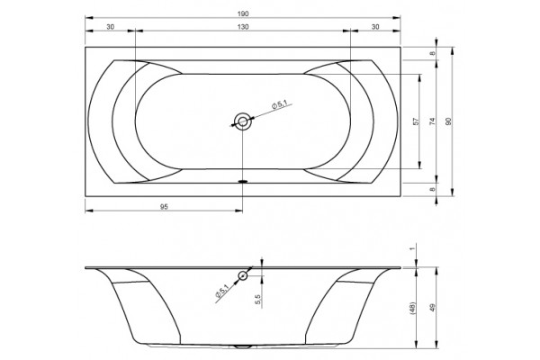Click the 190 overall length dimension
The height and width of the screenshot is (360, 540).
click(x=243, y=14)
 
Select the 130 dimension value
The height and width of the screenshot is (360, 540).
click(x=243, y=27)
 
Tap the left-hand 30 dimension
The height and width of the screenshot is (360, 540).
click(x=110, y=27)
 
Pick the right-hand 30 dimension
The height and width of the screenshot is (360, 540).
click(x=375, y=27)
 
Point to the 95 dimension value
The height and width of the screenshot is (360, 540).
click(x=164, y=207)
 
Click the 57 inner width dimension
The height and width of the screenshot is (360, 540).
click(x=417, y=121)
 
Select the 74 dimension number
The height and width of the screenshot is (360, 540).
click(x=433, y=121)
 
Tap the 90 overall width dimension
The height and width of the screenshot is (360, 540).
click(x=448, y=121)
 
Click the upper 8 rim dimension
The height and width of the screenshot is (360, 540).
click(x=433, y=53)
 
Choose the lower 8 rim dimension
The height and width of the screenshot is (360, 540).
click(x=433, y=189)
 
